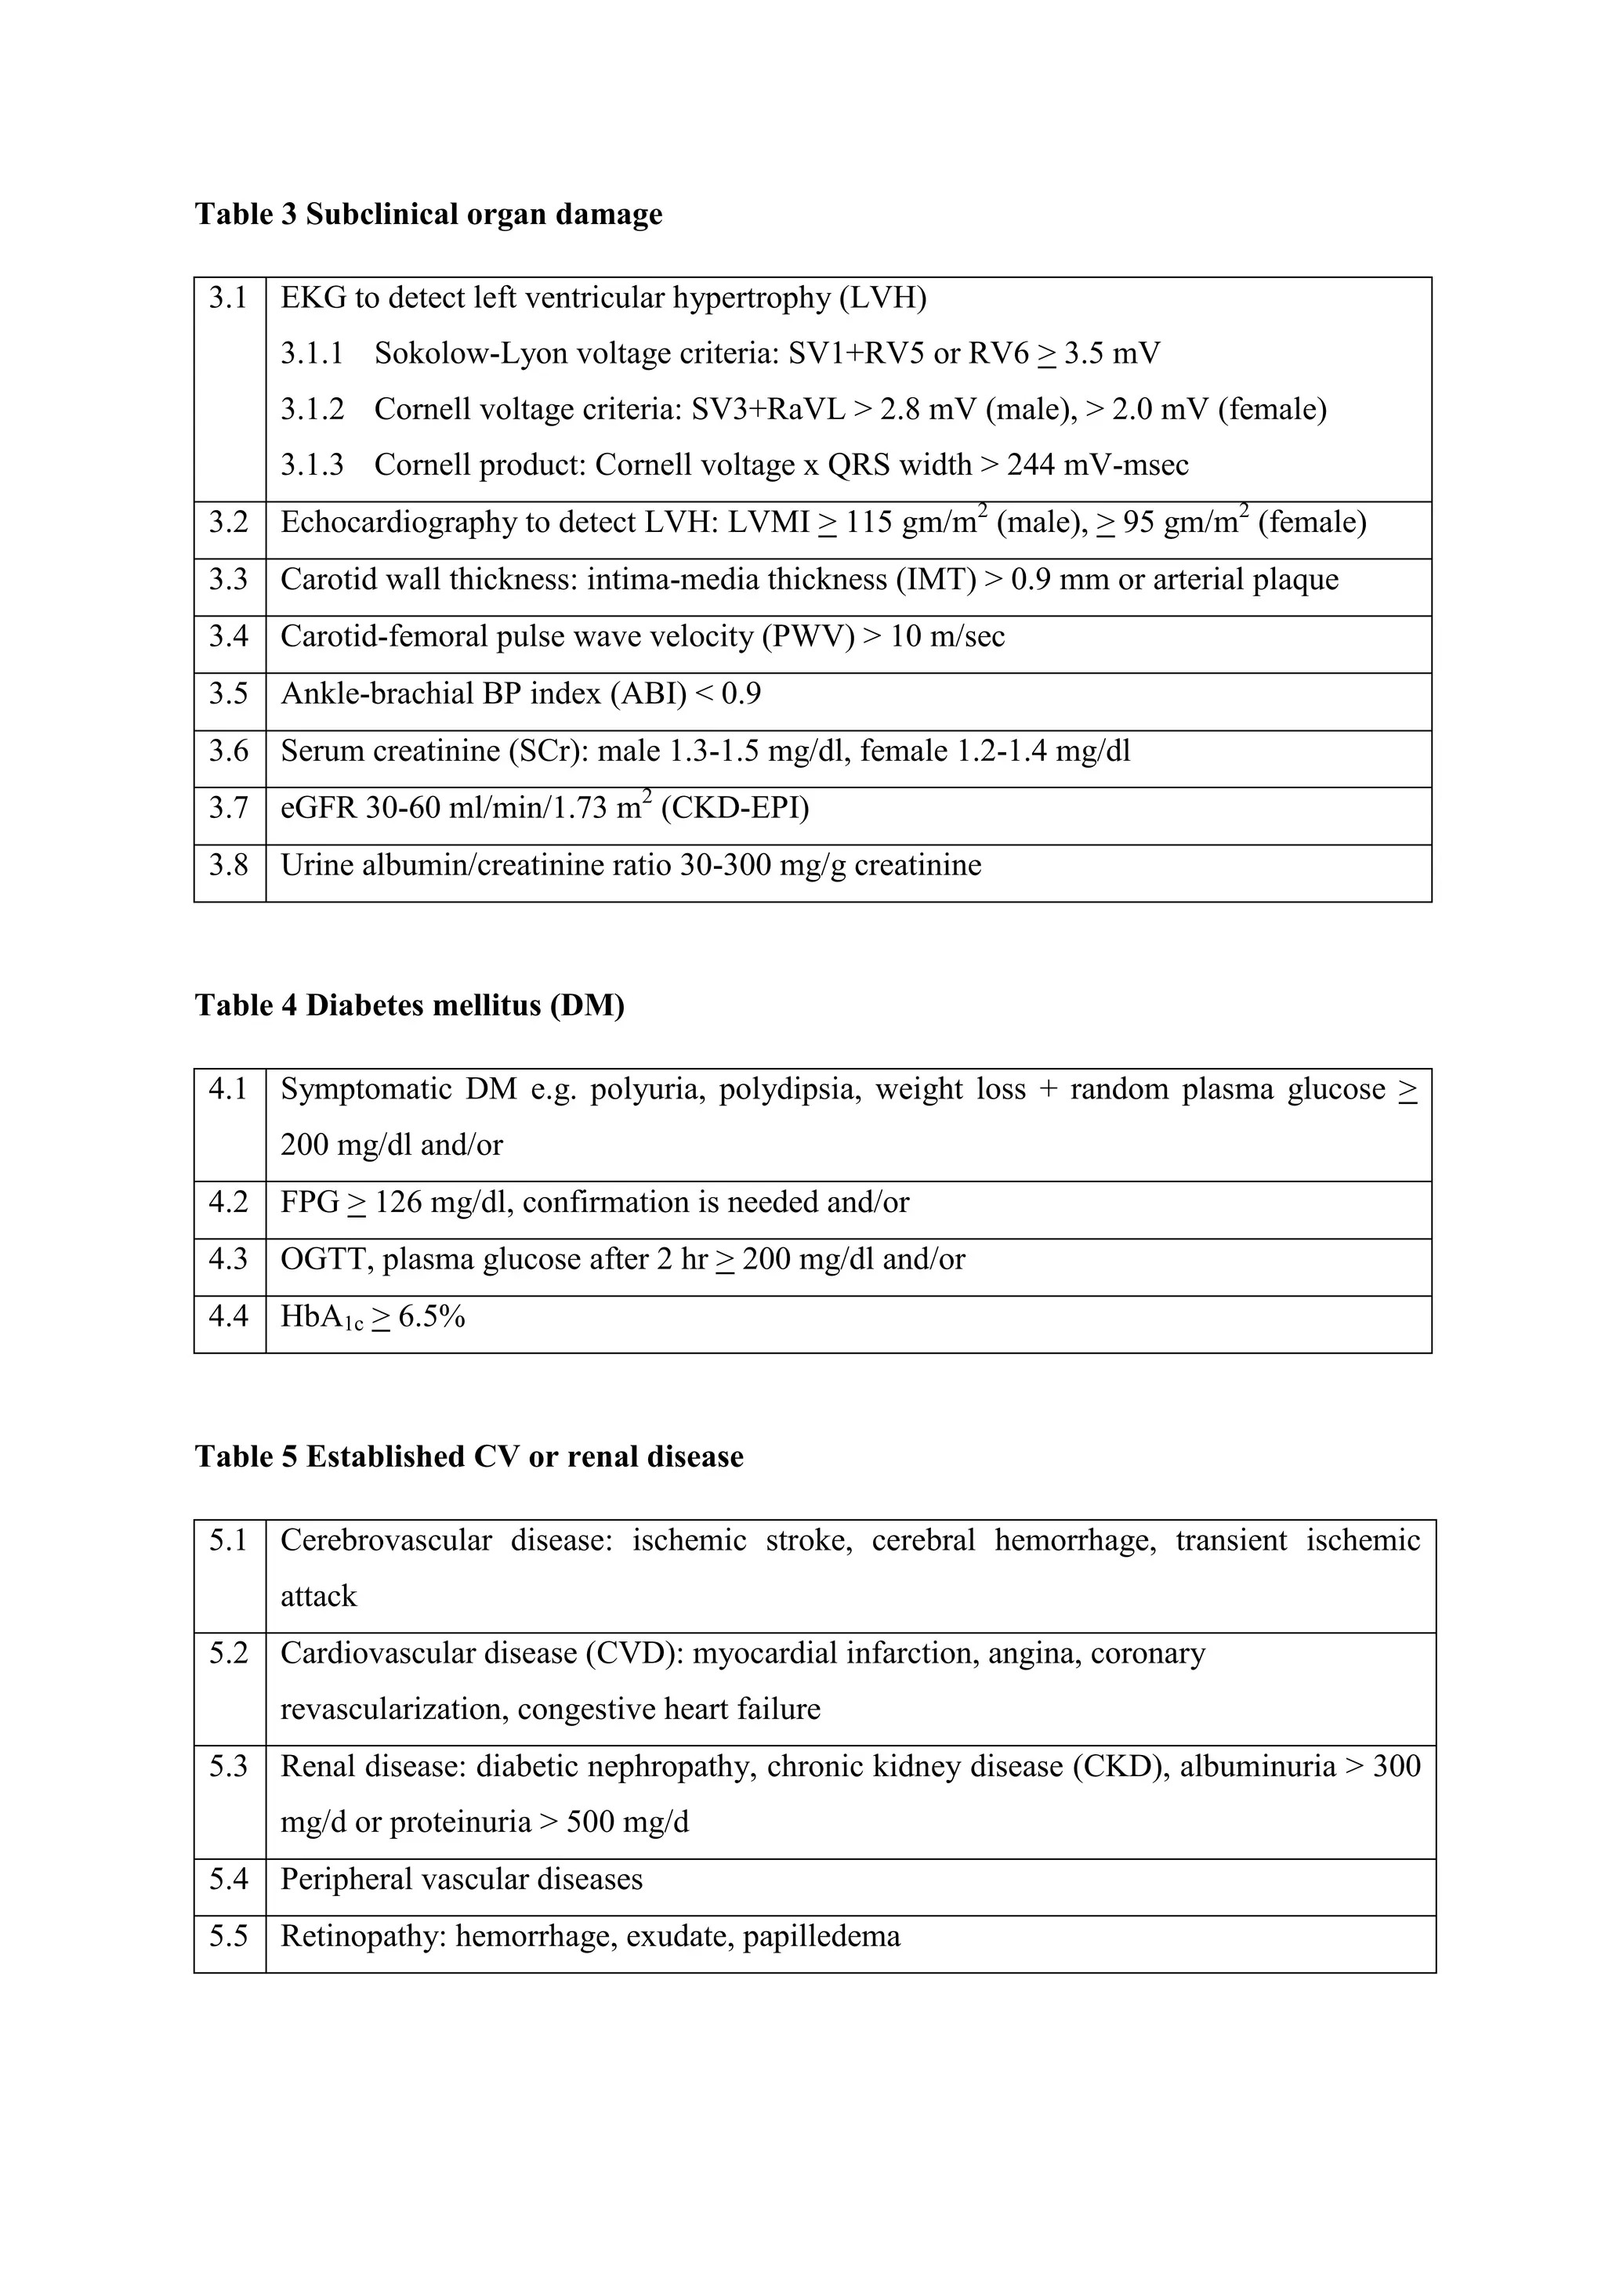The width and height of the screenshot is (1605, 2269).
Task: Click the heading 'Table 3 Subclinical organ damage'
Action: point(428,215)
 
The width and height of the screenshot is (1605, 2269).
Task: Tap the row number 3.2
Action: point(228,522)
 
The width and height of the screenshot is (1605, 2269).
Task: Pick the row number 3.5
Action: point(228,693)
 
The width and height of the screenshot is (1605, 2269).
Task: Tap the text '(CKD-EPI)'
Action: point(734,809)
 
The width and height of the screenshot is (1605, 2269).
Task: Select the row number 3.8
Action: point(228,866)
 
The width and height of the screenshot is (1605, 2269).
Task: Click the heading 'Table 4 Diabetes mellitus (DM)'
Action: point(409,1006)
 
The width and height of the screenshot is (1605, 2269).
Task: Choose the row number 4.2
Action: point(228,1203)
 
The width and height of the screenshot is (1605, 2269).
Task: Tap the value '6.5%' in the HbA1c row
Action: point(431,1317)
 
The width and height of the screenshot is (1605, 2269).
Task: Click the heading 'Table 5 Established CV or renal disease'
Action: point(469,1457)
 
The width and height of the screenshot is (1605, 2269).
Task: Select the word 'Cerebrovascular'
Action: point(386,1540)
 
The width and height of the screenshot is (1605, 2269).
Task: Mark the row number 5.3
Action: point(228,1766)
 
